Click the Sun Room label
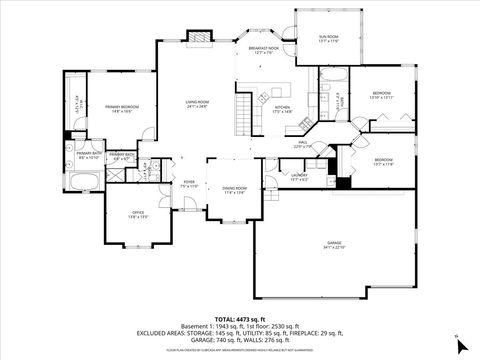(329, 37)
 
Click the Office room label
(139, 213)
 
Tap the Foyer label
(188, 183)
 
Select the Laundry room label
(299, 175)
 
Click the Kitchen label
(282, 108)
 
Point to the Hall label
(303, 143)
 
